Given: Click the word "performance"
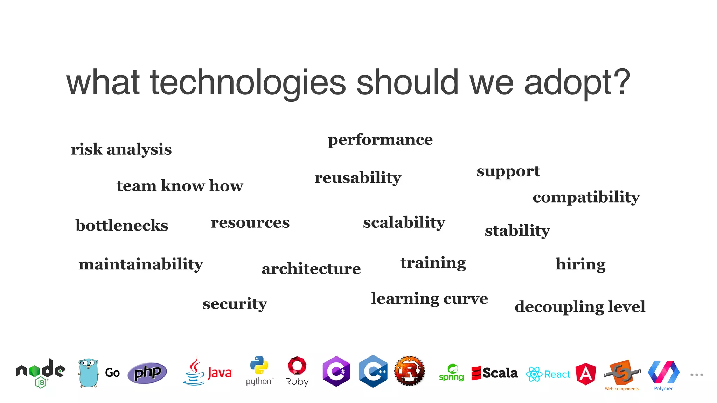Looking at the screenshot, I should (380, 140).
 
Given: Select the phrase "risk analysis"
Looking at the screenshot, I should (121, 149).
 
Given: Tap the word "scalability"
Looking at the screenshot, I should (404, 222).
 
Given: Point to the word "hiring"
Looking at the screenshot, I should (580, 264).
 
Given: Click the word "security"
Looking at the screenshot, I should (235, 304).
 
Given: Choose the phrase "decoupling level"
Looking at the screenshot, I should (580, 307).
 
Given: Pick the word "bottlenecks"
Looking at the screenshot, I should (122, 225).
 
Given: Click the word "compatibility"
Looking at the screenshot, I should (586, 197).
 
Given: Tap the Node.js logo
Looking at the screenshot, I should (41, 373).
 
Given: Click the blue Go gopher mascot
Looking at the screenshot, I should (88, 373).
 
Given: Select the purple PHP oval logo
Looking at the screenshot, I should (147, 373).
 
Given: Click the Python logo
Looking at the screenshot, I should (259, 366).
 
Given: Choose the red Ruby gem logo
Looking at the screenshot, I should (297, 366).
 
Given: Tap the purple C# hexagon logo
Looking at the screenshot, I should (336, 371).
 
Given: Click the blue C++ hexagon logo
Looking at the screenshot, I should (373, 371).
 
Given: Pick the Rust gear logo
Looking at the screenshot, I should (409, 371).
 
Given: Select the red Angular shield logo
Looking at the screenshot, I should (586, 374).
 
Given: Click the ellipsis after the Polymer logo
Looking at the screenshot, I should (697, 375).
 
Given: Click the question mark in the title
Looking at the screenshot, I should (622, 83).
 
